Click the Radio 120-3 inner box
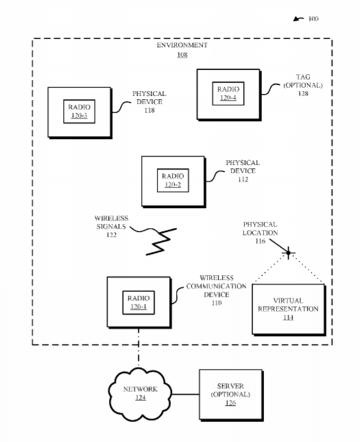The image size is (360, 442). coord(79,112)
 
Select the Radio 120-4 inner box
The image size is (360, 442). coord(228,94)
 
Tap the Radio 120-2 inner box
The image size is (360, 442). coord(172,181)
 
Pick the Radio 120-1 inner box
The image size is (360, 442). coord(138,302)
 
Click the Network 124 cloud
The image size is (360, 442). coord(140,394)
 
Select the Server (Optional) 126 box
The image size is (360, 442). coord(231,395)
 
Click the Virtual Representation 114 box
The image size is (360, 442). coord(289,309)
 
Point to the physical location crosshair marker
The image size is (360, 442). coord(288,253)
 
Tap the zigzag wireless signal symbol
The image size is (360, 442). coord(162,242)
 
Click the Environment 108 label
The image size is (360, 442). coord(182,50)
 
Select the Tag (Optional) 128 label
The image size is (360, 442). coord(303,85)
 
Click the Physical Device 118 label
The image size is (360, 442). coord(149,102)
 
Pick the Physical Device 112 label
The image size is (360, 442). coord(243,171)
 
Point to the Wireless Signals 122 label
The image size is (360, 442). coord(112,226)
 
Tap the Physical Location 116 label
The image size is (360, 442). coord(260,233)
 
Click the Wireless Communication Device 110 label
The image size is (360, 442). coord(216,290)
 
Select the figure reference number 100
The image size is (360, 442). coord(313,19)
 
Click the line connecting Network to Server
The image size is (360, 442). coord(185,394)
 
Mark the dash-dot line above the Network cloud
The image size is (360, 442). coord(138,348)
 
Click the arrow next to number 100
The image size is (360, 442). coord(298,19)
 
